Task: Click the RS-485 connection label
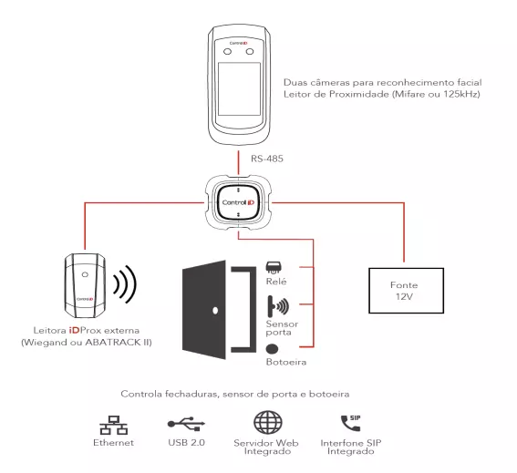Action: (267, 159)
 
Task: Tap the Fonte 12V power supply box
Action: (406, 291)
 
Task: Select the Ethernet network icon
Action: (114, 425)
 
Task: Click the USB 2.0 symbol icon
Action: (186, 424)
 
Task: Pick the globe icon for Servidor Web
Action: (268, 423)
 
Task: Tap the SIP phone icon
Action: (350, 423)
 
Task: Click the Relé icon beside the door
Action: (274, 268)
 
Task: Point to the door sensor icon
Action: (278, 305)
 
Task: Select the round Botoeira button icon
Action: (272, 349)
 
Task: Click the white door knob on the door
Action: (215, 310)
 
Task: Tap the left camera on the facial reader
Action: (228, 52)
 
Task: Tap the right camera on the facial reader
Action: (250, 52)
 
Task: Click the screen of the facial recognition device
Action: (239, 89)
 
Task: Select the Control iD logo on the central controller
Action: (238, 202)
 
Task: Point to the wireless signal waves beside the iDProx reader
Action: (125, 284)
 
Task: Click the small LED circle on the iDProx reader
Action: (85, 274)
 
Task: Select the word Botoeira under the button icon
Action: (286, 362)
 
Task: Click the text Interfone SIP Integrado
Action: (351, 447)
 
